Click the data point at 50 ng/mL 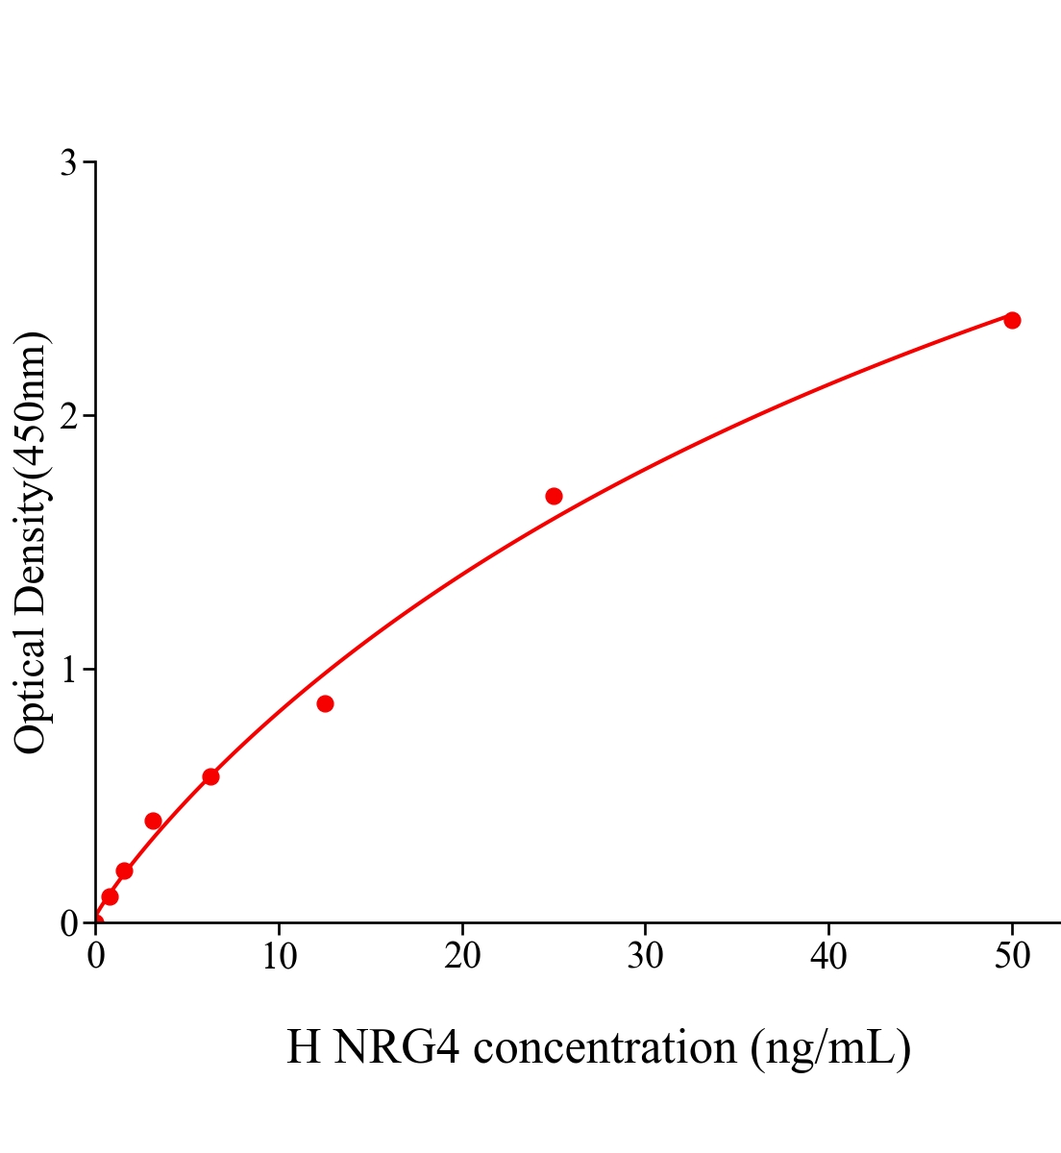(x=1012, y=320)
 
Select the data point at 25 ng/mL (x=554, y=497)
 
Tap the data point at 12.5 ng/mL (x=325, y=704)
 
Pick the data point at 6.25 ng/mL (x=210, y=776)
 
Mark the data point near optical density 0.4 (x=153, y=821)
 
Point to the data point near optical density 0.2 (x=124, y=871)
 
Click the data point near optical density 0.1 (x=110, y=896)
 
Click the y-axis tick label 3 (x=68, y=163)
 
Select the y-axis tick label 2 (x=68, y=416)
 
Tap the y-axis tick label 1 (x=68, y=670)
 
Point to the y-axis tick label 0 (x=68, y=923)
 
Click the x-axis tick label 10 (x=279, y=956)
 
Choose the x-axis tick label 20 (x=462, y=956)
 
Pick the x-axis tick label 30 (x=645, y=956)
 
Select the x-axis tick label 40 (x=828, y=956)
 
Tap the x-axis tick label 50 (x=1012, y=956)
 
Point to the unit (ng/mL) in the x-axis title (x=830, y=1047)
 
